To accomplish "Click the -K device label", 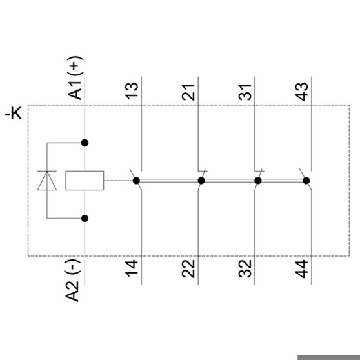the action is tap(14, 113).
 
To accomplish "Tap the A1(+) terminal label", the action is tap(75, 77).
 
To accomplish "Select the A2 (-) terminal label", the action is tap(73, 280).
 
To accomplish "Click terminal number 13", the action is tap(132, 91).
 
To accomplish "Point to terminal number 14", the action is tap(132, 268).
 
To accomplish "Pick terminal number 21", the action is tap(188, 92).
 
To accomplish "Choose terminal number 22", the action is tap(188, 268).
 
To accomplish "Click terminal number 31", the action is tap(245, 92).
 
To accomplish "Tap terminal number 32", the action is tap(245, 268).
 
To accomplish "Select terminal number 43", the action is tap(302, 92).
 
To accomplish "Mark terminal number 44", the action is tap(302, 269).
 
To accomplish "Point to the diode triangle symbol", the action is tap(47, 181).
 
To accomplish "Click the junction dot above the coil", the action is tap(85, 143).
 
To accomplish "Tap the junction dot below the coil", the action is tap(85, 218).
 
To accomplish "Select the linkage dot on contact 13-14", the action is tap(136, 181).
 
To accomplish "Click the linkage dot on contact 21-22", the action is tap(201, 181).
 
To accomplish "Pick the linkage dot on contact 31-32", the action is tap(258, 181).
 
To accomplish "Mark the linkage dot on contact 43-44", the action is tap(306, 181).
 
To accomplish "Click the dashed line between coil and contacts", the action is tap(118, 181).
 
